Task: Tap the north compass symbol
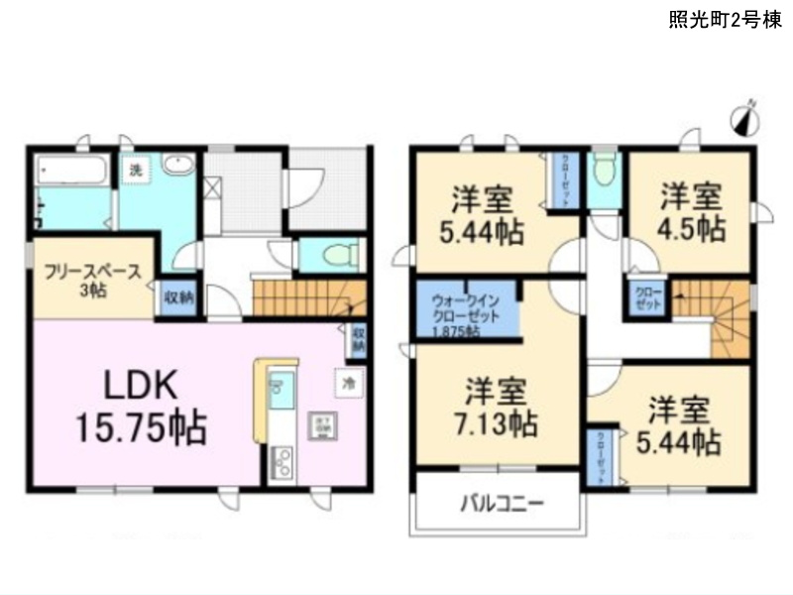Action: click(744, 119)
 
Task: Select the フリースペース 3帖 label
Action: click(90, 280)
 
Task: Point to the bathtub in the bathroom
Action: click(71, 170)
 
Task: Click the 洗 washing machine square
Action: click(136, 170)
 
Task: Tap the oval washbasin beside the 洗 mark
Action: click(178, 166)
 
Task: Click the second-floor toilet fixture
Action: click(603, 171)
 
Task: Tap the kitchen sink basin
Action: click(280, 384)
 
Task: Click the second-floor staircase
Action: click(714, 312)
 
